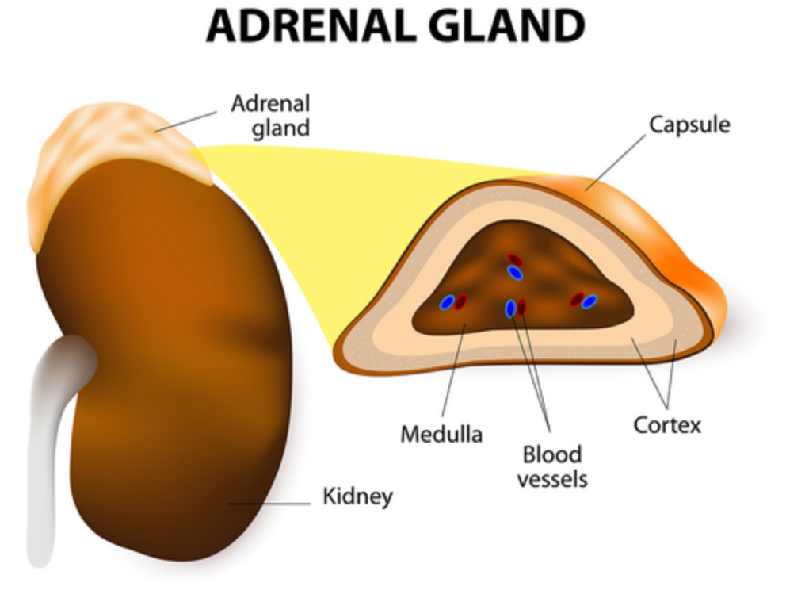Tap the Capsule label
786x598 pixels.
point(689,125)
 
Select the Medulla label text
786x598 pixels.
point(441,434)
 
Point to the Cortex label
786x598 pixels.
point(667,424)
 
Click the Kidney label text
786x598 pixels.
point(357,497)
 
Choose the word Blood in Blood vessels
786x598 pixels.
point(551,454)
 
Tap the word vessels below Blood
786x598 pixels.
point(552,479)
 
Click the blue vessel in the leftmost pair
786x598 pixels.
point(448,302)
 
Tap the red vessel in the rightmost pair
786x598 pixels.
point(578,299)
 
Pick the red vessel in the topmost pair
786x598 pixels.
point(515,259)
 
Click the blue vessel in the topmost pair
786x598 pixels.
point(515,273)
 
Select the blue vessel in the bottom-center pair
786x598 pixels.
point(511,308)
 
